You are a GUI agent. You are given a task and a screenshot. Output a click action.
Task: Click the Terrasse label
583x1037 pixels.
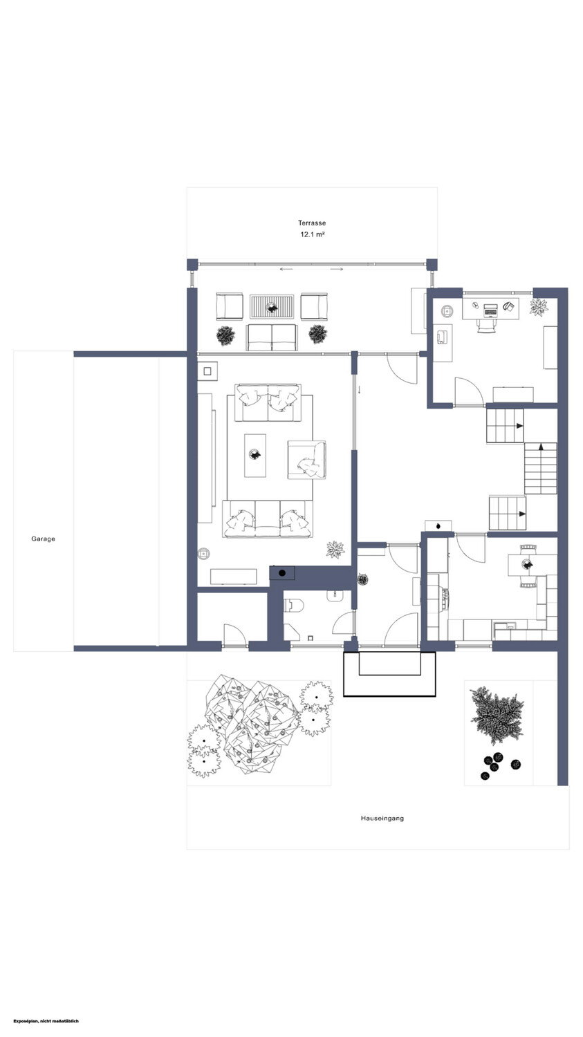coord(312,223)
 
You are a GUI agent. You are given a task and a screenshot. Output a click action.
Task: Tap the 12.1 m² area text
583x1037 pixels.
coord(312,235)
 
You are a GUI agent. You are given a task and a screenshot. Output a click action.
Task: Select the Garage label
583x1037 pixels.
coord(43,539)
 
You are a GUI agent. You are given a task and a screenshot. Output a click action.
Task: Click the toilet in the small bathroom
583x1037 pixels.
coord(294,604)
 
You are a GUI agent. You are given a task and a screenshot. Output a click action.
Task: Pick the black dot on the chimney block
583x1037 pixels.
coord(281,573)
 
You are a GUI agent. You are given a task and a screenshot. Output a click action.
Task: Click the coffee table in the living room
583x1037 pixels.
coord(255,456)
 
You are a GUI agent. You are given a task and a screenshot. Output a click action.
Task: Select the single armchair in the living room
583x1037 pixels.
coord(306,460)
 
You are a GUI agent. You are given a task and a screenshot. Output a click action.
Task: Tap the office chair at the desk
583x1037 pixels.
coord(487,326)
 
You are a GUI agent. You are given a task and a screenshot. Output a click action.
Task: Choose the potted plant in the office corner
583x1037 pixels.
coord(539,307)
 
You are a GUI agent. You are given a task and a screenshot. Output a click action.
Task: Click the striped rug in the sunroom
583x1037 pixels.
coord(272,306)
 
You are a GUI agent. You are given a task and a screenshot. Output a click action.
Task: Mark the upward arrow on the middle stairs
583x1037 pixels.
coord(540,447)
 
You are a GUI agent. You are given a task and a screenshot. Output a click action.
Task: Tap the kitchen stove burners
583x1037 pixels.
coord(445,599)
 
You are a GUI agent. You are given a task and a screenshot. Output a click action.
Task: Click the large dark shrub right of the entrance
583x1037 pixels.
coord(497,714)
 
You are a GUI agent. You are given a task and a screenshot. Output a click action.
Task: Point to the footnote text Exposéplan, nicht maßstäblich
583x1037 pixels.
coord(46,1021)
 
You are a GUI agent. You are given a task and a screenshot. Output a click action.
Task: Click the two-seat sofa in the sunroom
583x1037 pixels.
coord(272,337)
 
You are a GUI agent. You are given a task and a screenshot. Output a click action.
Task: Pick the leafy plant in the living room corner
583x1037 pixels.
coord(335,549)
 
